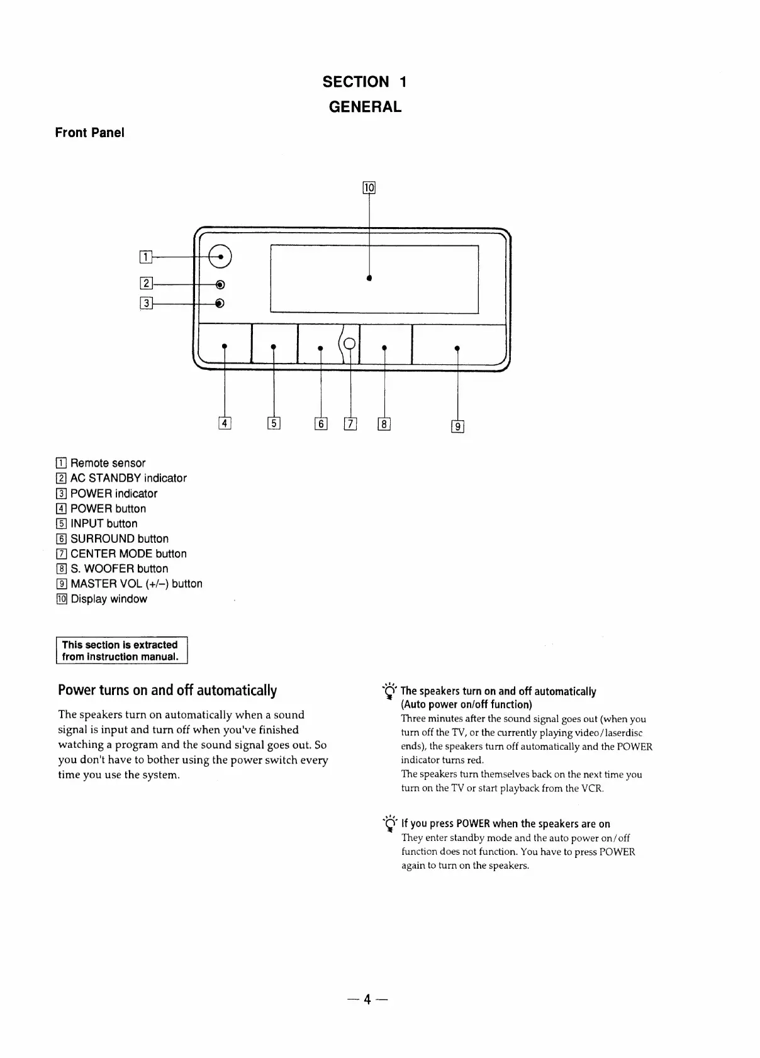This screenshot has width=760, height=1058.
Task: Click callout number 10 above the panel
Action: coord(369,187)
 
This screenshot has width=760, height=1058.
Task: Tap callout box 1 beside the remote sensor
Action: coord(145,256)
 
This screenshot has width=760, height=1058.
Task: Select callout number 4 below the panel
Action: coord(225,423)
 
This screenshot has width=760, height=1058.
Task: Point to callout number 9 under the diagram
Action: coord(457,426)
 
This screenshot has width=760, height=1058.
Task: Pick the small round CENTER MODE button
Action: coord(350,343)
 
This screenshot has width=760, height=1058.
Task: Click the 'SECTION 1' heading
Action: coord(365,82)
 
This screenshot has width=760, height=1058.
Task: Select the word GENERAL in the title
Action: coord(365,107)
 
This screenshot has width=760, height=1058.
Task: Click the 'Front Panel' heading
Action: coord(89,133)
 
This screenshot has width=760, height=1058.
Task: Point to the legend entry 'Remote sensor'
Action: coord(108,463)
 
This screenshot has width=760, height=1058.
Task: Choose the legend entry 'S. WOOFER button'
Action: coord(119,569)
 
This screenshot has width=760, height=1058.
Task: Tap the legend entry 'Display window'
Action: coord(109,599)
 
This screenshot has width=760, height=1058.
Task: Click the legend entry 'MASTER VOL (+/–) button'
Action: coord(137,584)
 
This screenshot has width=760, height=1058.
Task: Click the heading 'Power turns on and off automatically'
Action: coord(167,690)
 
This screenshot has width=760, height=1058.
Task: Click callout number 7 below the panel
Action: coord(350,424)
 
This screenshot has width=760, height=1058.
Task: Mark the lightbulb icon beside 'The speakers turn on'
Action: coord(390,691)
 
